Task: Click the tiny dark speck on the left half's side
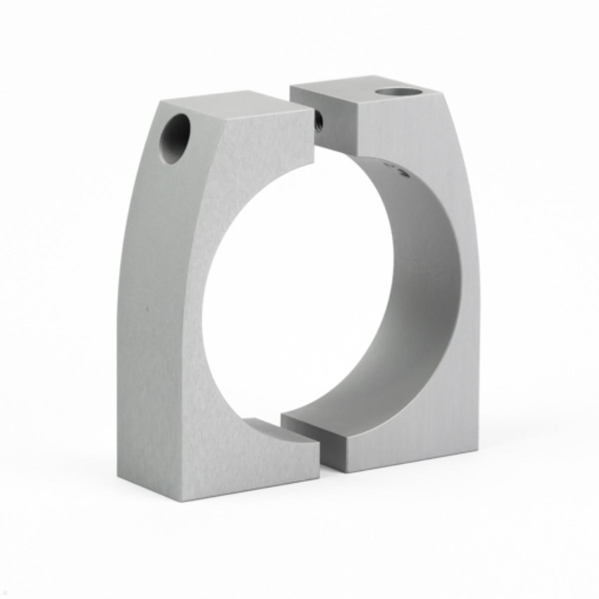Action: pos(147,309)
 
